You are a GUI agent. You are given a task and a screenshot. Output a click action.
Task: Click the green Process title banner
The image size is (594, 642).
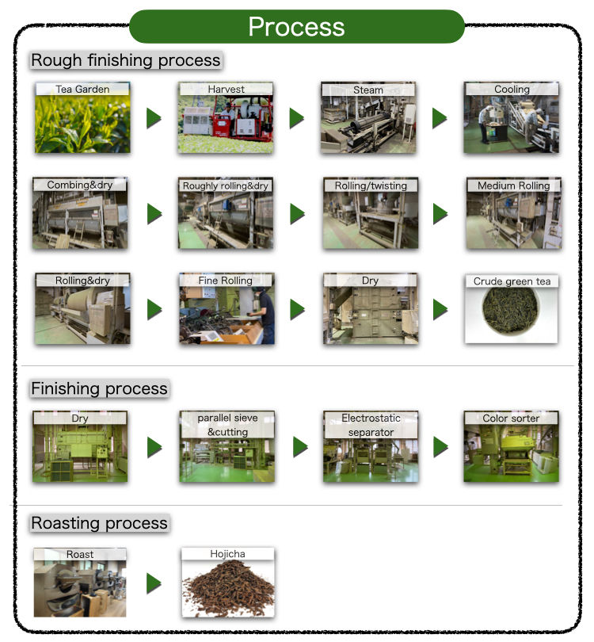coord(296,26)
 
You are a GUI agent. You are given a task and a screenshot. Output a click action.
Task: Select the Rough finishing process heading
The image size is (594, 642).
coord(125,60)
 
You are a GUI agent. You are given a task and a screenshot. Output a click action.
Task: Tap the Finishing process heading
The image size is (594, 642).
coord(99,388)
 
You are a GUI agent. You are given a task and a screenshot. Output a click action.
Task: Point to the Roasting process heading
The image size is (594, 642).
coord(99,523)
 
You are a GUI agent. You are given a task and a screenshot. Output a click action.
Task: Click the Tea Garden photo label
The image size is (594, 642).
coord(82,89)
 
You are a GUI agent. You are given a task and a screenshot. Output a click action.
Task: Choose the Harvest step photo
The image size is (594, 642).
coord(226,123)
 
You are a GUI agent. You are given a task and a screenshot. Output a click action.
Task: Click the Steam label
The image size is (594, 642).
coord(367,90)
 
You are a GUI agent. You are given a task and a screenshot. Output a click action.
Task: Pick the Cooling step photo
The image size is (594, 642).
coord(511,123)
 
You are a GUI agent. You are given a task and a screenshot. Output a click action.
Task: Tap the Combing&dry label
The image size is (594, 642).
coord(79,185)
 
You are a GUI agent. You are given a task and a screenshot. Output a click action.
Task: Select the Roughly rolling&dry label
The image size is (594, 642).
coord(226,185)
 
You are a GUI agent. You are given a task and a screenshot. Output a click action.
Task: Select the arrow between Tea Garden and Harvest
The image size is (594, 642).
coord(154,119)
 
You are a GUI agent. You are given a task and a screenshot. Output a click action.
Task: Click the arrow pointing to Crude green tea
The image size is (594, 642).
coord(440,309)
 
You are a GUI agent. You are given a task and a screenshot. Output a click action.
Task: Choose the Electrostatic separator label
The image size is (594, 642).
coord(371,425)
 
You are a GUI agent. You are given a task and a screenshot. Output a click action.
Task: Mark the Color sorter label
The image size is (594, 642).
coord(511,418)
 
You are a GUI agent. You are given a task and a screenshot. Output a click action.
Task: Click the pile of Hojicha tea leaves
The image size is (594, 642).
coord(227,593)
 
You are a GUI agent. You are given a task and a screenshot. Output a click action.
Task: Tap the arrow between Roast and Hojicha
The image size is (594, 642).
coord(154,583)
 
